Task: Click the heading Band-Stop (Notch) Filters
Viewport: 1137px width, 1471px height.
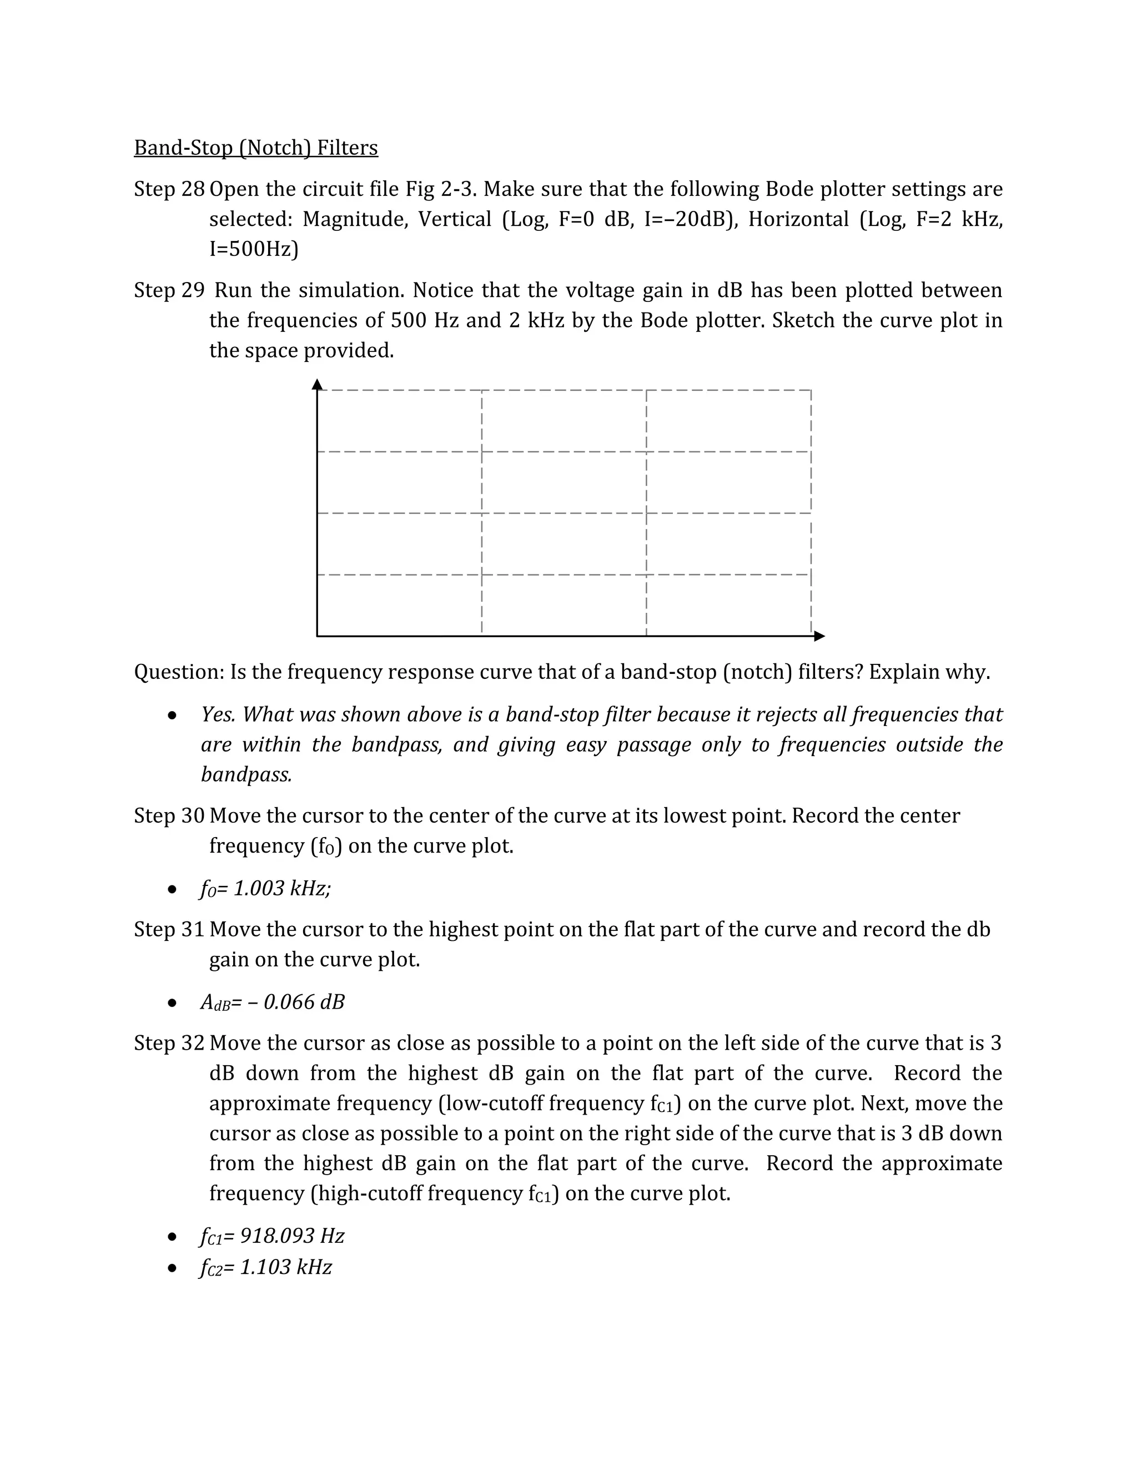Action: click(x=256, y=148)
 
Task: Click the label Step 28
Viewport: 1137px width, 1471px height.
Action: click(x=168, y=189)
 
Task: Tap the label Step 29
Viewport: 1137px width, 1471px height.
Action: click(x=168, y=290)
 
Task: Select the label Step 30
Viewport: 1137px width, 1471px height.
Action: click(x=168, y=815)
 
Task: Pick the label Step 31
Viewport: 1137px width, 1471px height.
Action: click(x=168, y=929)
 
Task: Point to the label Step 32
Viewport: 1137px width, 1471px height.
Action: click(x=168, y=1044)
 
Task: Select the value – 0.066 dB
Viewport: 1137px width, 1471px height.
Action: click(x=297, y=1002)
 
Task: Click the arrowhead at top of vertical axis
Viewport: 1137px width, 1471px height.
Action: click(x=317, y=385)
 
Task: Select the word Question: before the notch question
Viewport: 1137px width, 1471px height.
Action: click(x=179, y=672)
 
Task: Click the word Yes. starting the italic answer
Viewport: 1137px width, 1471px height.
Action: click(x=218, y=714)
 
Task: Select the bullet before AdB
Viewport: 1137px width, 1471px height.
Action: click(x=173, y=1004)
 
